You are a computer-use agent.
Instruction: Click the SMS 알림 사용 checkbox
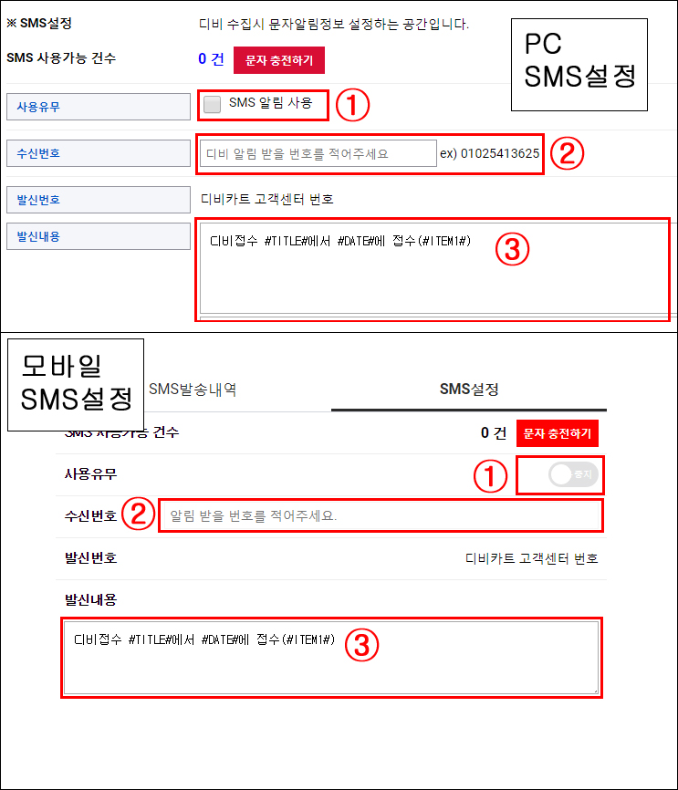tap(212, 105)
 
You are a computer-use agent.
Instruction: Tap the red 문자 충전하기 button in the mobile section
tap(557, 433)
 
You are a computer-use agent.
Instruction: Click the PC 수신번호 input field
tap(318, 153)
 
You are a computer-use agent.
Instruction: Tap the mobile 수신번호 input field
tap(381, 515)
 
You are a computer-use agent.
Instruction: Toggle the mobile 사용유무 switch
tap(573, 474)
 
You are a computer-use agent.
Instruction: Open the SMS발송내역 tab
tap(193, 389)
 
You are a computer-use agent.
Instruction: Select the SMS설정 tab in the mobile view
tap(469, 389)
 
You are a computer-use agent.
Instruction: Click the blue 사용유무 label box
tap(99, 107)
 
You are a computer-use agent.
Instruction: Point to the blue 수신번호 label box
tap(99, 153)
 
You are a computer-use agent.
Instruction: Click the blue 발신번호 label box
tap(99, 200)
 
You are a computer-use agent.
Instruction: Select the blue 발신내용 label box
tap(99, 236)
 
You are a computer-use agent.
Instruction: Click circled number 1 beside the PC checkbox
tap(352, 105)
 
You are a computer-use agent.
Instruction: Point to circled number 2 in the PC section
tap(567, 153)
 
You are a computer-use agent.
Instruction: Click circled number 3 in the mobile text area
tap(361, 645)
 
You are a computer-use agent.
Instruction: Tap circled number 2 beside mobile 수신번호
tap(138, 514)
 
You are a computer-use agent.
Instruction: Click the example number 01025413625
tap(500, 153)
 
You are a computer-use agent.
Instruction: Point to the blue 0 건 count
tap(211, 59)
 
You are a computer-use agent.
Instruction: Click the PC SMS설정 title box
tap(579, 65)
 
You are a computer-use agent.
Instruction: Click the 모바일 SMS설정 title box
tap(76, 385)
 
